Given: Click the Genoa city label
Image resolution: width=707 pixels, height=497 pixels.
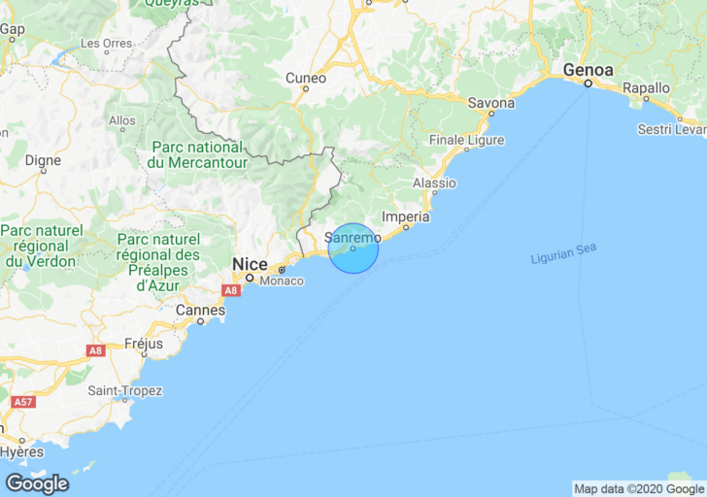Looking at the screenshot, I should point(589,71).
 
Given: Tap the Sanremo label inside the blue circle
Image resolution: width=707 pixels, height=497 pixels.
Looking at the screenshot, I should point(352,236).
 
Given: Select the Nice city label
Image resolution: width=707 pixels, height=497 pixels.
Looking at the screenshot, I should point(249,263).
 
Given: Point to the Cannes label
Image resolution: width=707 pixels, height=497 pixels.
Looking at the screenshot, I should point(200,310).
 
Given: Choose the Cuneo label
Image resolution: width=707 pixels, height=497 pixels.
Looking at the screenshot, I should point(305,78).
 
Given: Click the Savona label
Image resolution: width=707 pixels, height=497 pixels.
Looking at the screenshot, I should point(490,102).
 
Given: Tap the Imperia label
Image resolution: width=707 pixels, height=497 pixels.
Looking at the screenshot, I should point(406,216).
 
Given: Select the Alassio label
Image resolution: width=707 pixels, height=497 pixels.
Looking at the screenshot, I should point(434,182).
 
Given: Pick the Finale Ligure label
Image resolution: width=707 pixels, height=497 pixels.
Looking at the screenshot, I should point(466,140).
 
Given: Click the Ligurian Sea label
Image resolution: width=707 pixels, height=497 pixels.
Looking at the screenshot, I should point(563,254).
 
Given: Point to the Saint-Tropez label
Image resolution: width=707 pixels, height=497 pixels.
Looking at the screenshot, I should point(125,390).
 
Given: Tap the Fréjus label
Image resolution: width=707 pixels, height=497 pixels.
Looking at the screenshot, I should point(144,344).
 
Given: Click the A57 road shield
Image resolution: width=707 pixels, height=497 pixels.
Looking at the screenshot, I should point(22,401).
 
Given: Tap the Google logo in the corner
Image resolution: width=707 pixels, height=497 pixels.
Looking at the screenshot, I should point(37,482).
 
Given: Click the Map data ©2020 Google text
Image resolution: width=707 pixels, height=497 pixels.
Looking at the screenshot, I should point(638,489).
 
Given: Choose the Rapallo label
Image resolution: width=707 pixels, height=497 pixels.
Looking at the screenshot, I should point(646,87).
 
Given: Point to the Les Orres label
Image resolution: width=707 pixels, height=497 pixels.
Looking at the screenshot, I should point(106,44).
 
